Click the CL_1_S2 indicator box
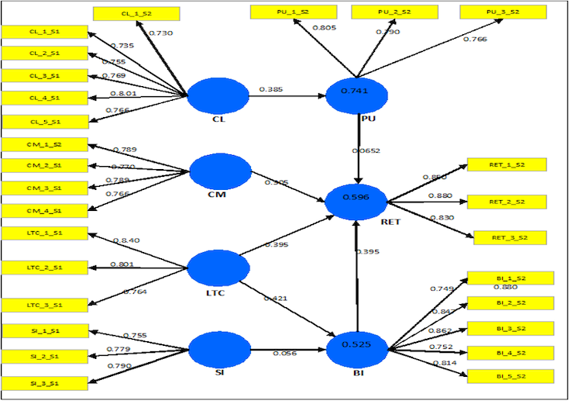(136, 13)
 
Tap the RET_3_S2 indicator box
(511, 238)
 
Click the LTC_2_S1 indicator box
(45, 268)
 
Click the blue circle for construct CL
(218, 96)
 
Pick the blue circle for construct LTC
(219, 268)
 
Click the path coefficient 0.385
(273, 90)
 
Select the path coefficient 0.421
(276, 299)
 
